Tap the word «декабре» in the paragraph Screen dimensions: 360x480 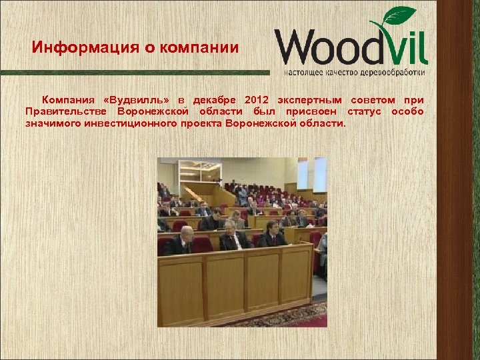[213, 100]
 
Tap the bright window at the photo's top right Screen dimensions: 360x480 [320, 173]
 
